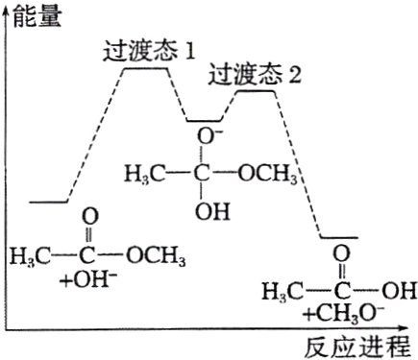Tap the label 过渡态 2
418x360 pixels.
pyautogui.click(x=255, y=74)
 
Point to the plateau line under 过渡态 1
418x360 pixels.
pyautogui.click(x=148, y=69)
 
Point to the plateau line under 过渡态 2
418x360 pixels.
pyautogui.click(x=254, y=91)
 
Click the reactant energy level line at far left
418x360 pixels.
pyautogui.click(x=48, y=203)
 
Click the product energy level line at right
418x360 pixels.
pyautogui.click(x=338, y=237)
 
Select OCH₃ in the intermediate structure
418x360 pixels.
pyautogui.click(x=263, y=175)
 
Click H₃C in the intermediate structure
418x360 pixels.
pyautogui.click(x=144, y=175)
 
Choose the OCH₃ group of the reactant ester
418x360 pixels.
pyautogui.click(x=153, y=256)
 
